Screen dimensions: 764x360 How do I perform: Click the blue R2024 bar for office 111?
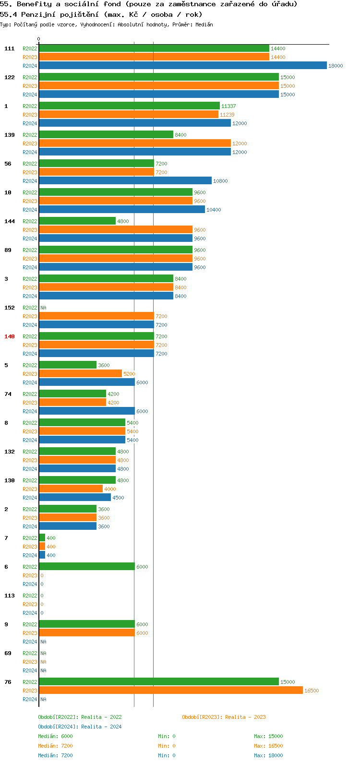182,66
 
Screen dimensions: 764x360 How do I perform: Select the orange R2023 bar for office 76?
170,691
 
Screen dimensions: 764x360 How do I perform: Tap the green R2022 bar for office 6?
86,567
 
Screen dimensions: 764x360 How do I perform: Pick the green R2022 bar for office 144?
77,221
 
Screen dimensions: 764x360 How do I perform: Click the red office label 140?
10,336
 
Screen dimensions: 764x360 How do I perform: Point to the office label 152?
10,308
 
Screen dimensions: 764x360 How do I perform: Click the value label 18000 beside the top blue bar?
336,66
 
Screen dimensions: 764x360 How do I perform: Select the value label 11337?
228,106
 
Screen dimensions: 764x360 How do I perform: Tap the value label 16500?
312,691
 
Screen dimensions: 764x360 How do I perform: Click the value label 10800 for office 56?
220,181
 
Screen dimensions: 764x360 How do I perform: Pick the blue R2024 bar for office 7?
42,555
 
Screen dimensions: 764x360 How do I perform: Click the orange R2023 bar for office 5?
80,374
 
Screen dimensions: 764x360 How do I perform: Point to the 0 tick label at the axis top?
39,39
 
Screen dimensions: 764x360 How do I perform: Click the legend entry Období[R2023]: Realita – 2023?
224,717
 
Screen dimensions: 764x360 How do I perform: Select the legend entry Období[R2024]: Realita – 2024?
80,727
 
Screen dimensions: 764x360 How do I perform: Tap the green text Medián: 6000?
55,736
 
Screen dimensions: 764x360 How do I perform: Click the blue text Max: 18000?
268,755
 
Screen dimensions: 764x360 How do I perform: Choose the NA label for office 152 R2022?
43,308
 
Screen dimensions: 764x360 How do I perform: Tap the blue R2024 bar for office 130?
74,498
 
